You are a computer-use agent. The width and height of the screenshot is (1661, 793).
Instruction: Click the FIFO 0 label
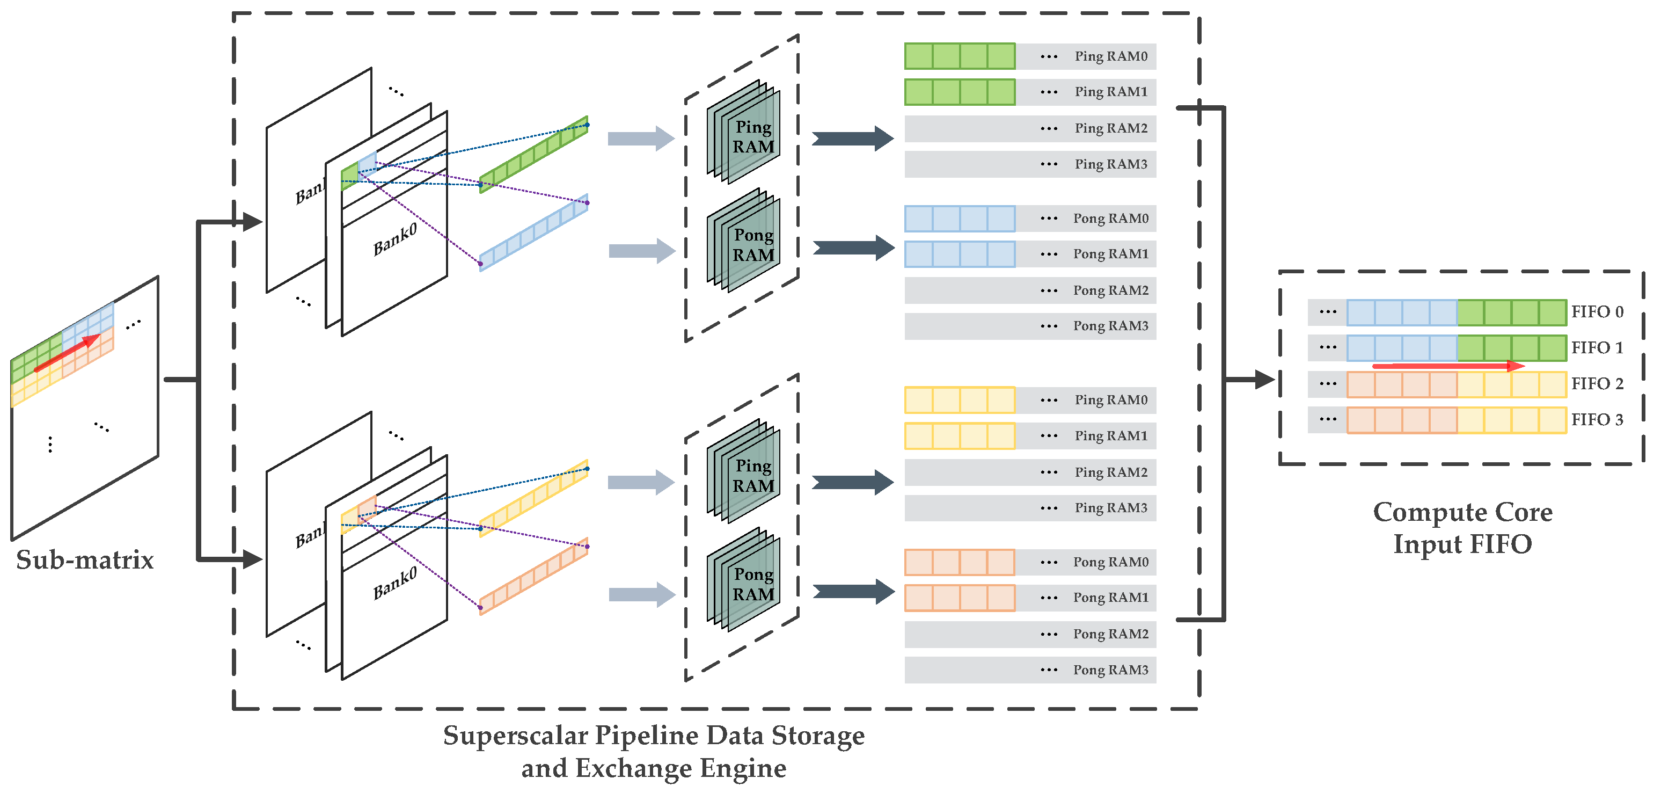1597,312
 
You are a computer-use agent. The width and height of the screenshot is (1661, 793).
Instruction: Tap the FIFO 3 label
1597,420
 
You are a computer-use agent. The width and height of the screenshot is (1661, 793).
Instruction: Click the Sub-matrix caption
84,560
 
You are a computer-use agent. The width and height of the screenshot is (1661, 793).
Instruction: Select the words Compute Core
1462,512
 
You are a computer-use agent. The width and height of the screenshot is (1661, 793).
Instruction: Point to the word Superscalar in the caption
515,736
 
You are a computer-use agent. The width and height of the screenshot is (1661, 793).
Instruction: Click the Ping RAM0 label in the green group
1110,57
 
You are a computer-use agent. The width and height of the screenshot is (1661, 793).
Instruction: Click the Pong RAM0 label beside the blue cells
1110,219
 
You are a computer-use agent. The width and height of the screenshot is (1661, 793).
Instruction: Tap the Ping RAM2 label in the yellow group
1110,472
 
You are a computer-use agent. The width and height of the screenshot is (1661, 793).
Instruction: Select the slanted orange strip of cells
534,576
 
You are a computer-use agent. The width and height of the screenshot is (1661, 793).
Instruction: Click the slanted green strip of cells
534,155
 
